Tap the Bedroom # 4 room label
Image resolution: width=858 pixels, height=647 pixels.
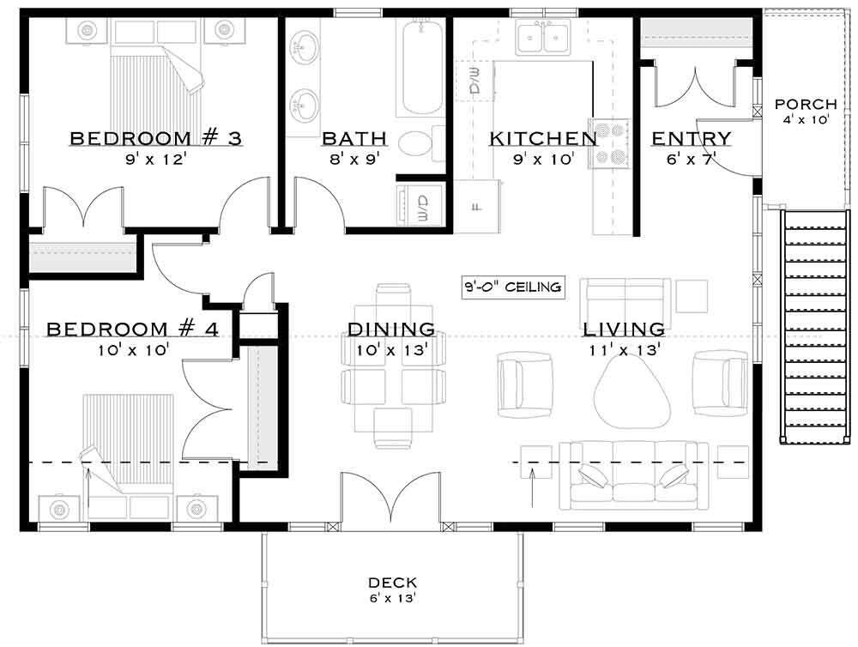(132, 329)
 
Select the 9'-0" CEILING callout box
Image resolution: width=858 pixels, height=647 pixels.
(513, 287)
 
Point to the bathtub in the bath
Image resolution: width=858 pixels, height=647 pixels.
(420, 69)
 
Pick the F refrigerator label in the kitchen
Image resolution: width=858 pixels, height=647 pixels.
(477, 206)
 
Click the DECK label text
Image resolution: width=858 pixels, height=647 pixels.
(390, 581)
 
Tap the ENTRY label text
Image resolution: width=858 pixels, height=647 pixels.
(691, 138)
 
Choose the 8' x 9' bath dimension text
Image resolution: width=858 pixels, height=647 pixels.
(354, 159)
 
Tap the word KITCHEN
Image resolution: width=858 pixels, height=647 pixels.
(542, 138)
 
